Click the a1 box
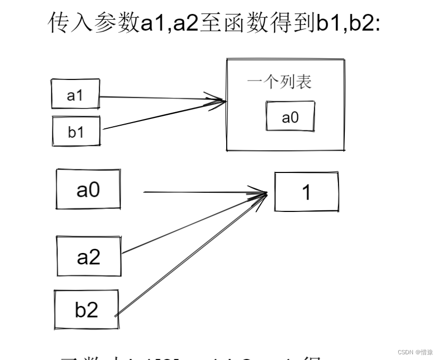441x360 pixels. click(75, 94)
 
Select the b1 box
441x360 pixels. click(76, 131)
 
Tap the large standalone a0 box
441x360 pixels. click(88, 190)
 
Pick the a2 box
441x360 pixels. click(89, 256)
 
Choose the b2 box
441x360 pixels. click(86, 310)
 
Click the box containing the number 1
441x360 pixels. click(306, 192)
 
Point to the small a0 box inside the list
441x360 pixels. click(290, 117)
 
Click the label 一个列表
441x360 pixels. click(279, 83)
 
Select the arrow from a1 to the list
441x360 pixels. click(156, 97)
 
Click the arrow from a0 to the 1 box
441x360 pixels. click(203, 192)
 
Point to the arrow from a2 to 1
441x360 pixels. click(192, 224)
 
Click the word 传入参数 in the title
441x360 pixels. click(94, 23)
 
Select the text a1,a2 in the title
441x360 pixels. click(170, 23)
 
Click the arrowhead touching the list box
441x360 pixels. click(218, 100)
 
